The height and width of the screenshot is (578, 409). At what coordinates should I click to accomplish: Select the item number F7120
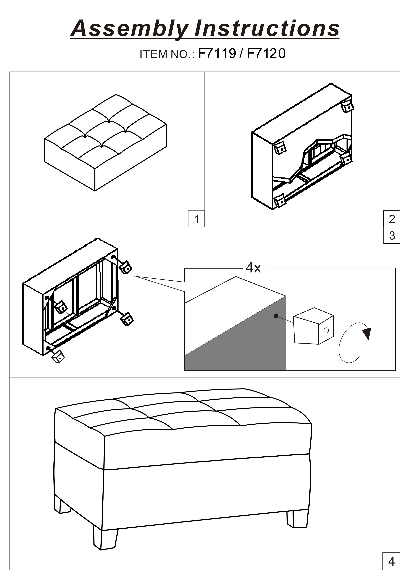[x=266, y=53]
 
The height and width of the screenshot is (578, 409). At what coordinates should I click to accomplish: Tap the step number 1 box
[x=197, y=219]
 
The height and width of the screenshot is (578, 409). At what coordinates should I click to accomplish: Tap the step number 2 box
[x=392, y=219]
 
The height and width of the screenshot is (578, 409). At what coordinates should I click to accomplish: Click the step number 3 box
[x=392, y=236]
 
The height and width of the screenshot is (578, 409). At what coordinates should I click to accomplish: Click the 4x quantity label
[x=253, y=268]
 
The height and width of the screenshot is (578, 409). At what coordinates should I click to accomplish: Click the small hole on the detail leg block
[x=326, y=330]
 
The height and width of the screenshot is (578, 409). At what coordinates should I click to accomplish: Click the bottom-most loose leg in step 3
[x=58, y=356]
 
